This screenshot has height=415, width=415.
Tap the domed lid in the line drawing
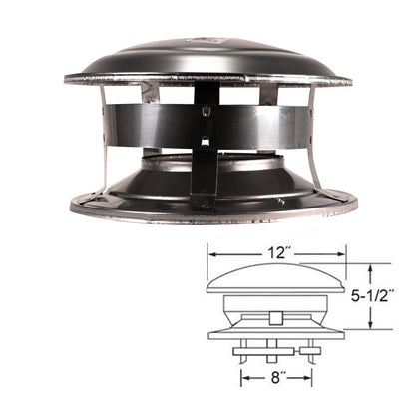275,278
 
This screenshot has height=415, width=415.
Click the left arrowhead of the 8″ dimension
242,379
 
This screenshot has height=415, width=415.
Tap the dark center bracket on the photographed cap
204,140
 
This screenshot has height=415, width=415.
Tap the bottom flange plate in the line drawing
275,335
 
